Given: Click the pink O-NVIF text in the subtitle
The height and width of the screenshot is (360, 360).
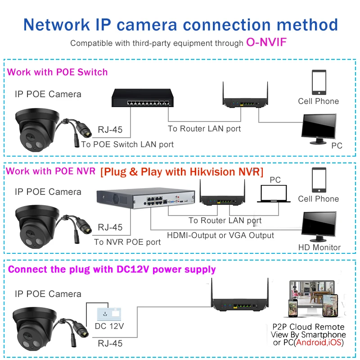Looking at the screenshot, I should (x=266, y=43).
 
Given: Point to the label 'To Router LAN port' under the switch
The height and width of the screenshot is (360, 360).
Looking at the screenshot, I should (x=204, y=129).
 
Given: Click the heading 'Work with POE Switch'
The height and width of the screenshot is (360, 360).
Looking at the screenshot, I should (x=58, y=72).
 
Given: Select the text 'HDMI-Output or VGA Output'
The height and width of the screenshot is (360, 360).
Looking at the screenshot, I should (x=220, y=235).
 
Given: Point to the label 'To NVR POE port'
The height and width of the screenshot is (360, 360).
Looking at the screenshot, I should (x=127, y=242).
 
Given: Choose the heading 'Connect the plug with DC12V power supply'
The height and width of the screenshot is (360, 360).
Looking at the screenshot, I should (x=112, y=270).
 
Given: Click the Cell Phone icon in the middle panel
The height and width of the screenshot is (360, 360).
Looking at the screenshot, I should (x=319, y=180).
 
